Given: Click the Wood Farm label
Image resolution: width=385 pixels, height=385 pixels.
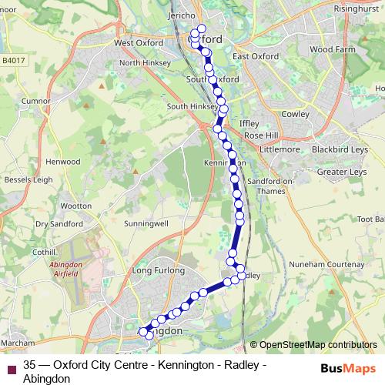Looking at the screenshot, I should pyautogui.click(x=329, y=49).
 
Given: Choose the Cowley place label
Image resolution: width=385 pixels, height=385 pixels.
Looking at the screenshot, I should pyautogui.click(x=295, y=114).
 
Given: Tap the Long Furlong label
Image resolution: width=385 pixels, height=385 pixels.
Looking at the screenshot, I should pyautogui.click(x=159, y=271).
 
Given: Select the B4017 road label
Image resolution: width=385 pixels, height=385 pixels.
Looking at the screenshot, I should pyautogui.click(x=13, y=59).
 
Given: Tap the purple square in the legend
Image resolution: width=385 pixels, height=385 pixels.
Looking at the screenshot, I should pyautogui.click(x=12, y=367).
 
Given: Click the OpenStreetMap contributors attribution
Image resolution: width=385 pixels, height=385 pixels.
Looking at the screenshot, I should pyautogui.click(x=317, y=345).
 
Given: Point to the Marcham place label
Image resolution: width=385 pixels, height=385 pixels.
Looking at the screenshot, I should pyautogui.click(x=18, y=341).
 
